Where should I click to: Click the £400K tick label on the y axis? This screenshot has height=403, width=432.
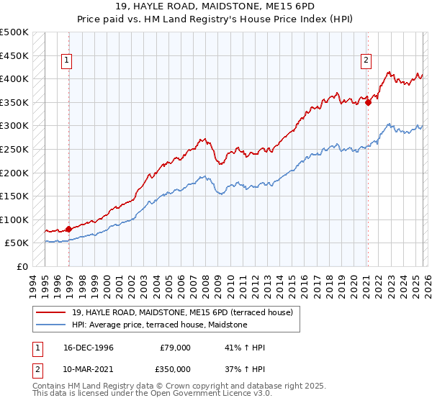[14, 78]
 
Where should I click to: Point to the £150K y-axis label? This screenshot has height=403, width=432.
[14, 196]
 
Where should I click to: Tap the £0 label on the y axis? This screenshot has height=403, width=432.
[22, 266]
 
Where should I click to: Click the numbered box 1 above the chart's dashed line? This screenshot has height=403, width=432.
[66, 61]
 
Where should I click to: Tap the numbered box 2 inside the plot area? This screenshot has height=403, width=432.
[366, 61]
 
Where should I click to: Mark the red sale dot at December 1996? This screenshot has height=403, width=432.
[69, 229]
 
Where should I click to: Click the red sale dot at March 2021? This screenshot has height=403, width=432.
[368, 102]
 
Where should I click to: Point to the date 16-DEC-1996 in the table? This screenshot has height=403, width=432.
[88, 348]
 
